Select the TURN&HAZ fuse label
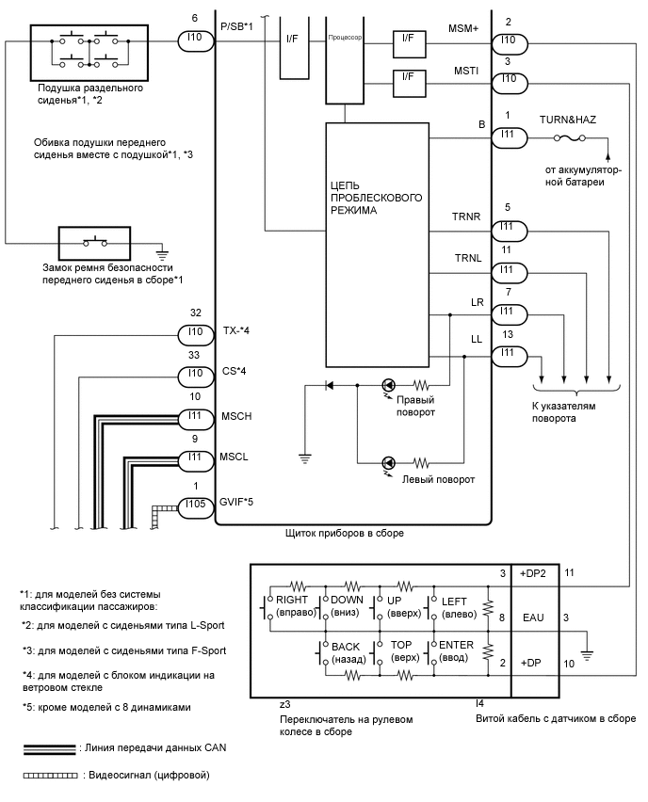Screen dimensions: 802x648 pyautogui.click(x=567, y=120)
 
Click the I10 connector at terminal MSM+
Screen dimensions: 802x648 pyautogui.click(x=509, y=41)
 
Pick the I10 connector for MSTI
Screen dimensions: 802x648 pyautogui.click(x=509, y=78)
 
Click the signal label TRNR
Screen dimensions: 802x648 pyautogui.click(x=467, y=217)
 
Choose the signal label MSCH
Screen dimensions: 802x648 pyautogui.click(x=235, y=415)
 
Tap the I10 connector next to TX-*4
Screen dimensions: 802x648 pyautogui.click(x=195, y=332)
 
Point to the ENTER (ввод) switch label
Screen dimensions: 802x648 pyautogui.click(x=453, y=650)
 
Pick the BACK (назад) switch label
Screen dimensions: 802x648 pyautogui.click(x=348, y=650)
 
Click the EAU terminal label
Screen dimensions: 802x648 pyautogui.click(x=533, y=618)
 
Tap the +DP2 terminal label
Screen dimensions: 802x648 pyautogui.click(x=533, y=573)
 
